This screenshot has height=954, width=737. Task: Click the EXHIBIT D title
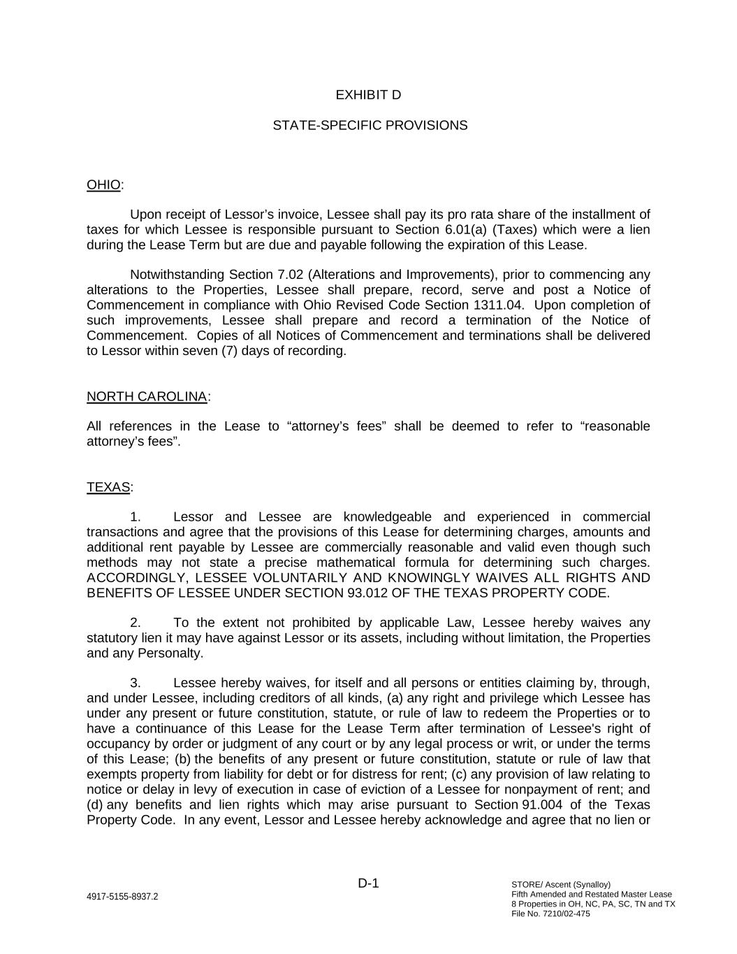(368, 95)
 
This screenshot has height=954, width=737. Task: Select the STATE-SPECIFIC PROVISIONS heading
(370, 126)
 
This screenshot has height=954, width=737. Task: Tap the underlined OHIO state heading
(103, 185)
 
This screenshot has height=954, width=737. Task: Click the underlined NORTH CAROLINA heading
(147, 397)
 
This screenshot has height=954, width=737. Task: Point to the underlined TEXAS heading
(108, 487)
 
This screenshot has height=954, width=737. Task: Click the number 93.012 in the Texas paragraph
(366, 593)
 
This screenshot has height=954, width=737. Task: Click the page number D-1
(368, 883)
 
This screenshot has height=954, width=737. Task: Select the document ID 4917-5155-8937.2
(122, 897)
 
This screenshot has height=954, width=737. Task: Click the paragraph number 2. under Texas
(136, 623)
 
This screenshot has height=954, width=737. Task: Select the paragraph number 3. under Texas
(136, 683)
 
